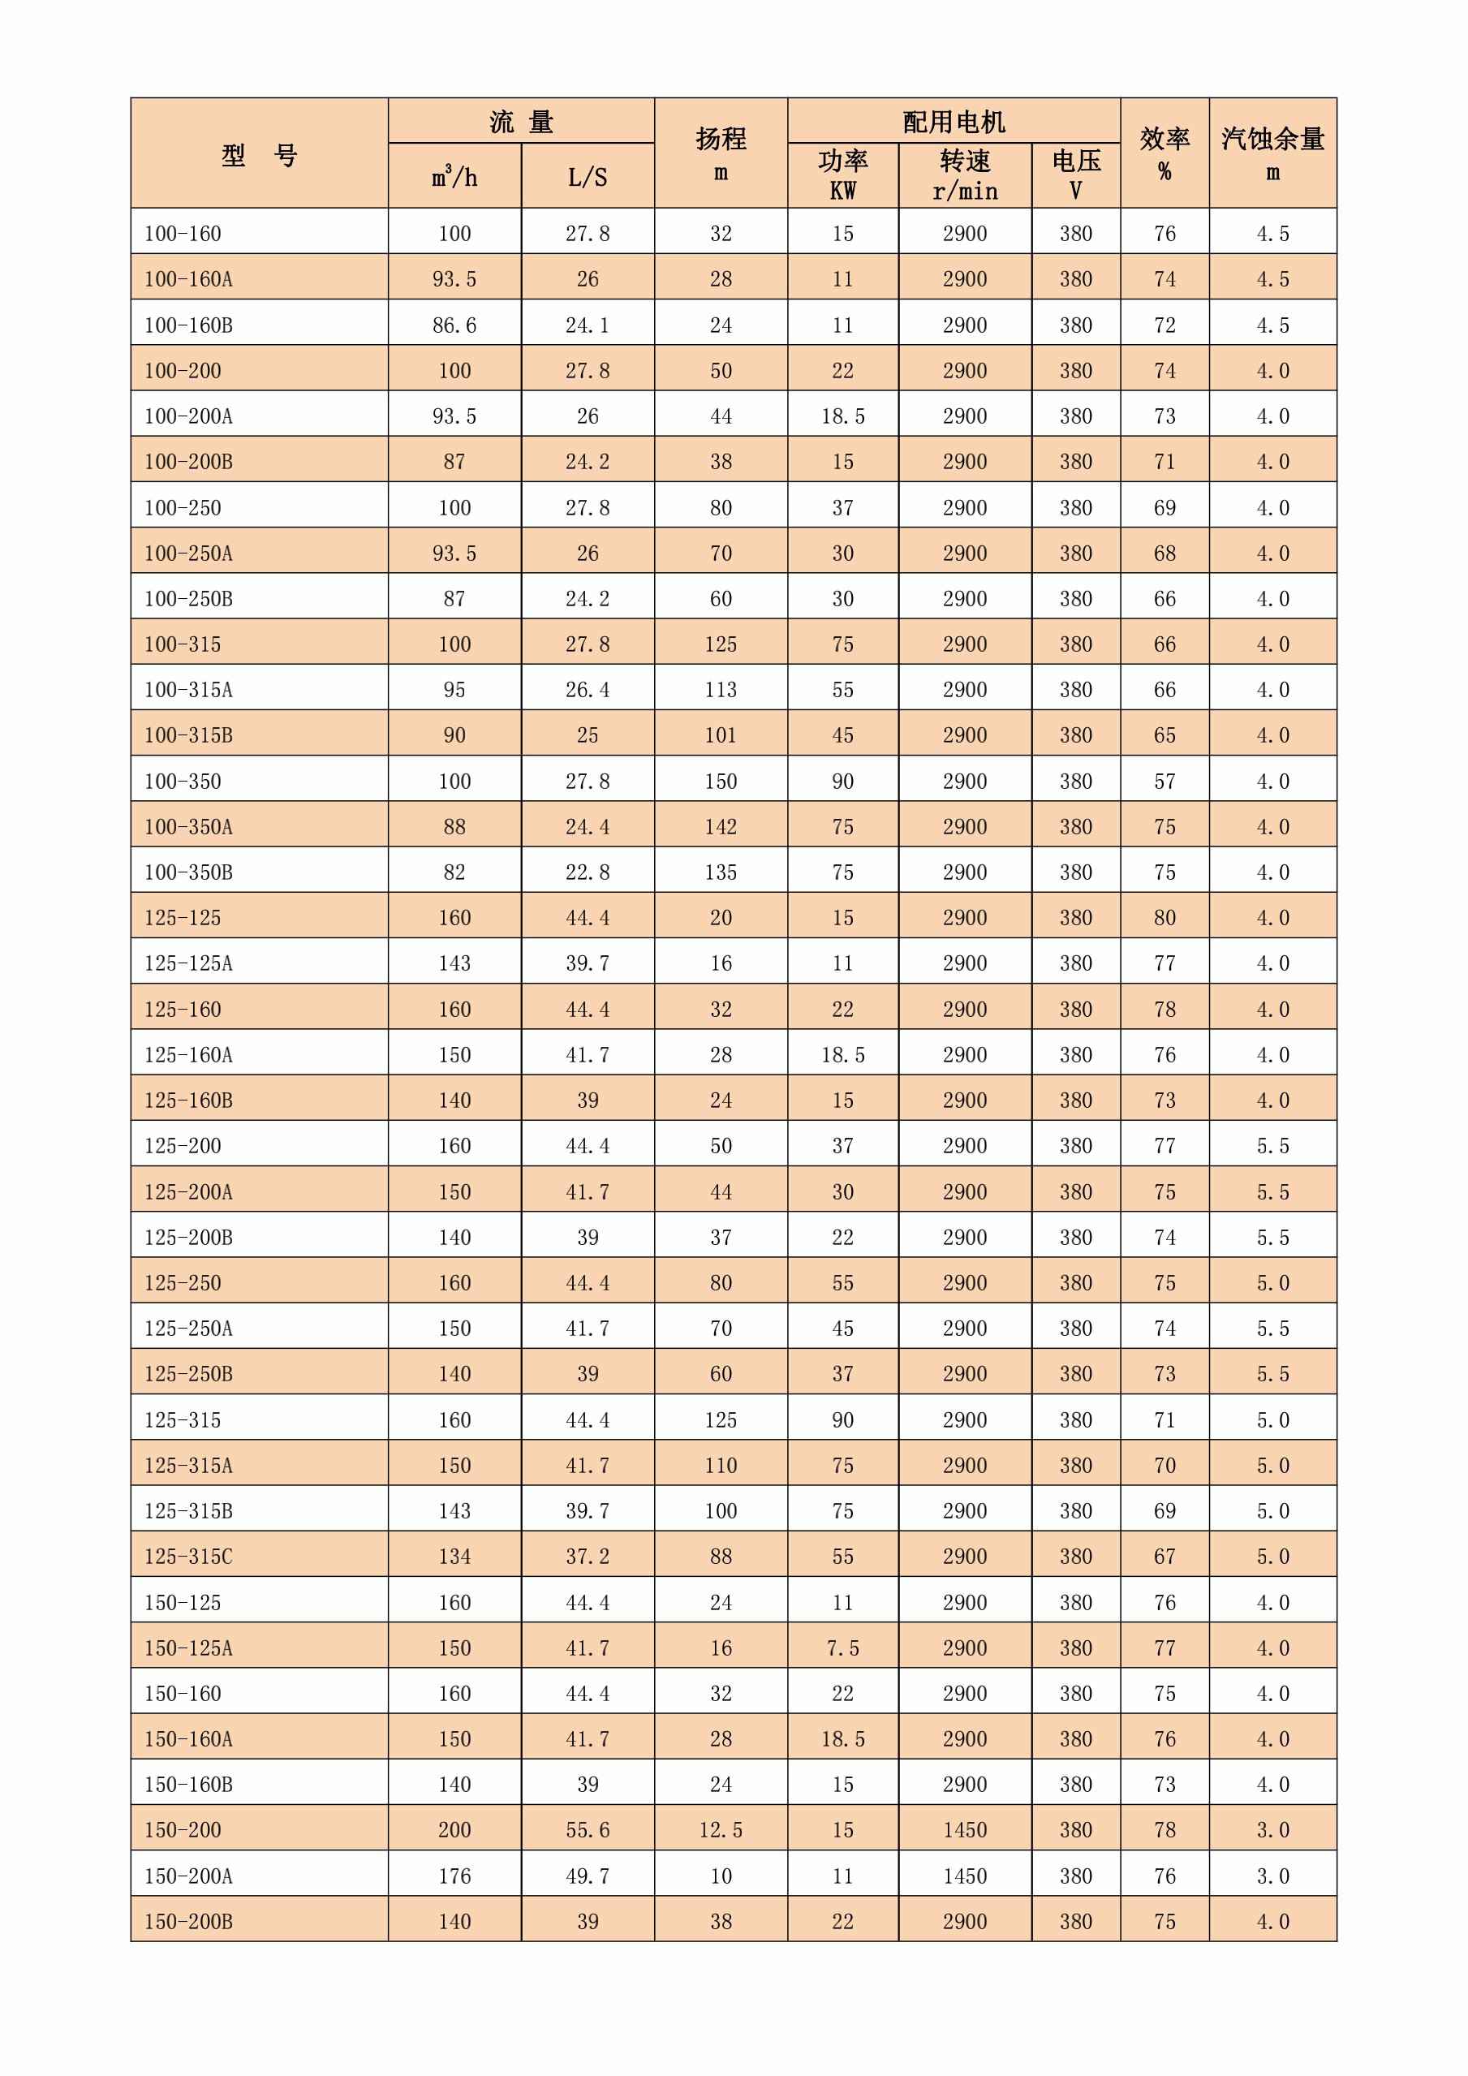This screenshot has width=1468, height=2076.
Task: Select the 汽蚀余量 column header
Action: (1272, 153)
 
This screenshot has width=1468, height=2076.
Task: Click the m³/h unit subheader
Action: (454, 176)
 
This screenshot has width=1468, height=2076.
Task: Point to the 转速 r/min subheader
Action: (965, 175)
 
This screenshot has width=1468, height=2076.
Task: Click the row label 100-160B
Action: (189, 325)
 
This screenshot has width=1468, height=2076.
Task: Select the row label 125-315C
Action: (189, 1556)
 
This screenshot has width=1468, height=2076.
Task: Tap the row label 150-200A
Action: (189, 1876)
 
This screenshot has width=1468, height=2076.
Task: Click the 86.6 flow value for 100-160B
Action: (454, 325)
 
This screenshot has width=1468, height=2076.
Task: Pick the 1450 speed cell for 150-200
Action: (965, 1830)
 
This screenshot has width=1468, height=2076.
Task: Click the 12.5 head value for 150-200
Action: (721, 1830)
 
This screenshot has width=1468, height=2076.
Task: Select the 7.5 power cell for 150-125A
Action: (842, 1647)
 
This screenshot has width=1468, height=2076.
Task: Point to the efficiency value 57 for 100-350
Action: (1164, 782)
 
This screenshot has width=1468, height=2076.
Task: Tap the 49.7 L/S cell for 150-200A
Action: (588, 1876)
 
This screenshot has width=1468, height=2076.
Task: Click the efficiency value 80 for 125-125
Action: (1164, 918)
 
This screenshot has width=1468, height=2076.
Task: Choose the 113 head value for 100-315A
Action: (721, 690)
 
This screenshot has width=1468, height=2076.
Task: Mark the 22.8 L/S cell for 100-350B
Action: (588, 872)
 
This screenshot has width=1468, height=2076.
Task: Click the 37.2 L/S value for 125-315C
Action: (588, 1556)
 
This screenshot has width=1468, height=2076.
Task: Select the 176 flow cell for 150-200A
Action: (454, 1876)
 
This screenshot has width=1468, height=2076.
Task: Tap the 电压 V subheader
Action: (1076, 175)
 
